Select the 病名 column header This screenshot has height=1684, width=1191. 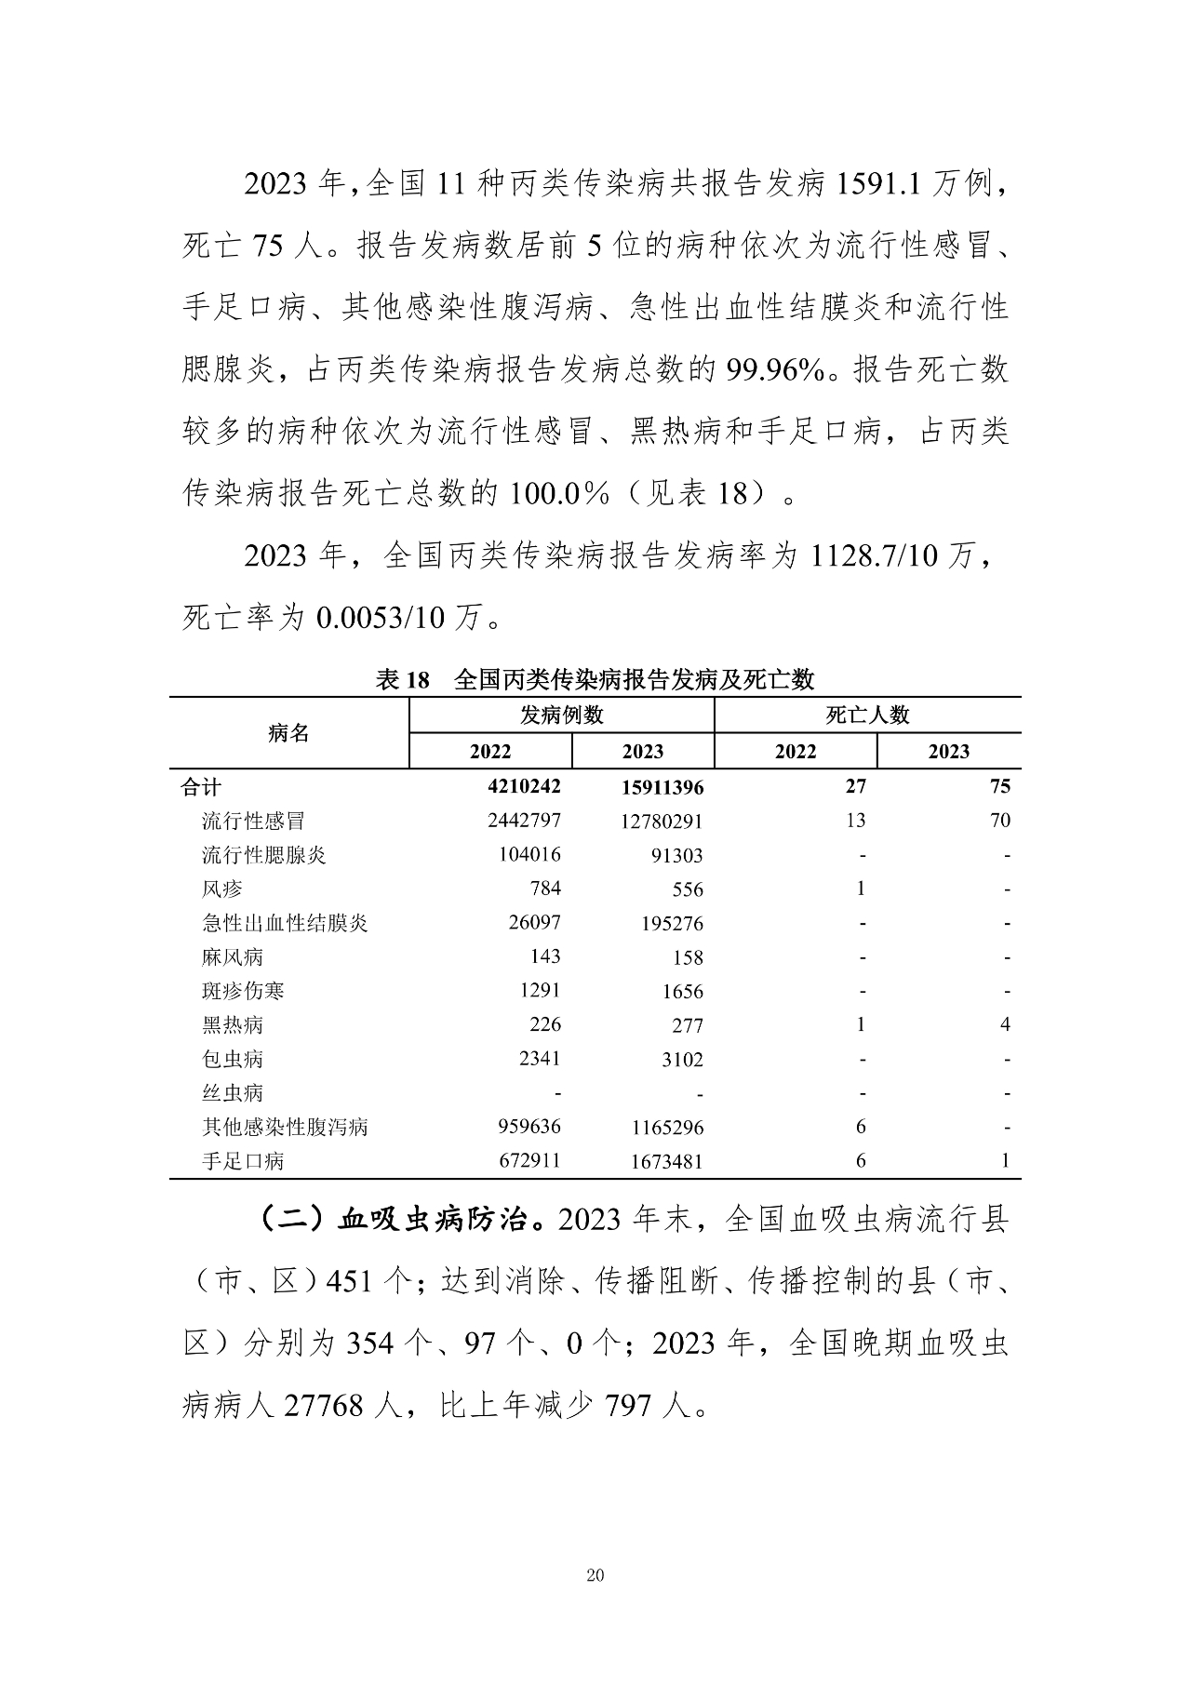click(x=288, y=733)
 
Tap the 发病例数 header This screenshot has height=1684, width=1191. click(x=561, y=715)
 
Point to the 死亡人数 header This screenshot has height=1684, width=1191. click(x=867, y=715)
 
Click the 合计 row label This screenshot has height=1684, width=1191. click(x=200, y=787)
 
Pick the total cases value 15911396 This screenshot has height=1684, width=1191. click(x=662, y=788)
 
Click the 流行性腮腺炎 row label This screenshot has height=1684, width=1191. click(x=264, y=855)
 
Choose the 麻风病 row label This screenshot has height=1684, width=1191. click(x=233, y=956)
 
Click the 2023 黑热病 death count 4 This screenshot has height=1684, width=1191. click(x=1005, y=1024)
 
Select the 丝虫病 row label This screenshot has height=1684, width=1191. click(x=233, y=1092)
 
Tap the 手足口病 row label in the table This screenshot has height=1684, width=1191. click(x=243, y=1161)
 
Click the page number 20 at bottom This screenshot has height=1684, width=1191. click(x=595, y=1575)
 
